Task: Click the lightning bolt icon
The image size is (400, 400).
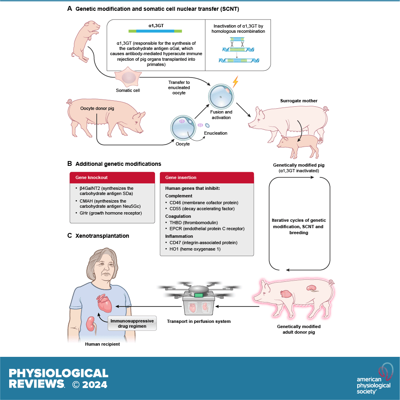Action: (x=235, y=82)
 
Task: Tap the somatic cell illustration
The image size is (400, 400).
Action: (x=128, y=78)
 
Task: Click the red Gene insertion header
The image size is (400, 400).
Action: (x=207, y=177)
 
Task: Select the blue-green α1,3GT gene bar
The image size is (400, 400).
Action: (x=155, y=31)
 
